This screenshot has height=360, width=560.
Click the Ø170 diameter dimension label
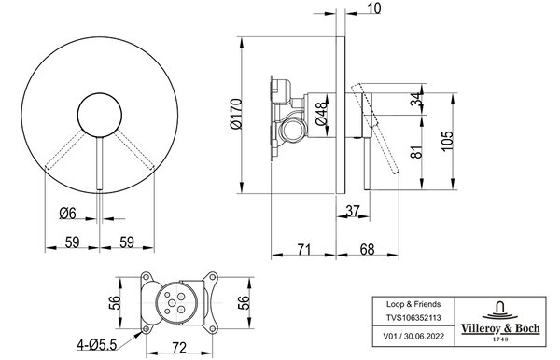click(x=236, y=114)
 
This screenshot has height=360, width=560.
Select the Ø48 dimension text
click(x=321, y=114)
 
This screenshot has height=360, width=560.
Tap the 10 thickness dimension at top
click(x=373, y=8)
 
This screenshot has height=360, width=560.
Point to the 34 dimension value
click(x=416, y=100)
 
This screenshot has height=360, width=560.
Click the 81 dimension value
click(x=416, y=152)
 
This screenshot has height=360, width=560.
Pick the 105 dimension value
click(x=447, y=141)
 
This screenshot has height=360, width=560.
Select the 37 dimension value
click(x=353, y=211)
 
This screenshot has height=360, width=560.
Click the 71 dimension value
click(x=304, y=249)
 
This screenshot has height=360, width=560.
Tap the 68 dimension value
click(x=367, y=249)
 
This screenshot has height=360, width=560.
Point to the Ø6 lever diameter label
click(x=68, y=214)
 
